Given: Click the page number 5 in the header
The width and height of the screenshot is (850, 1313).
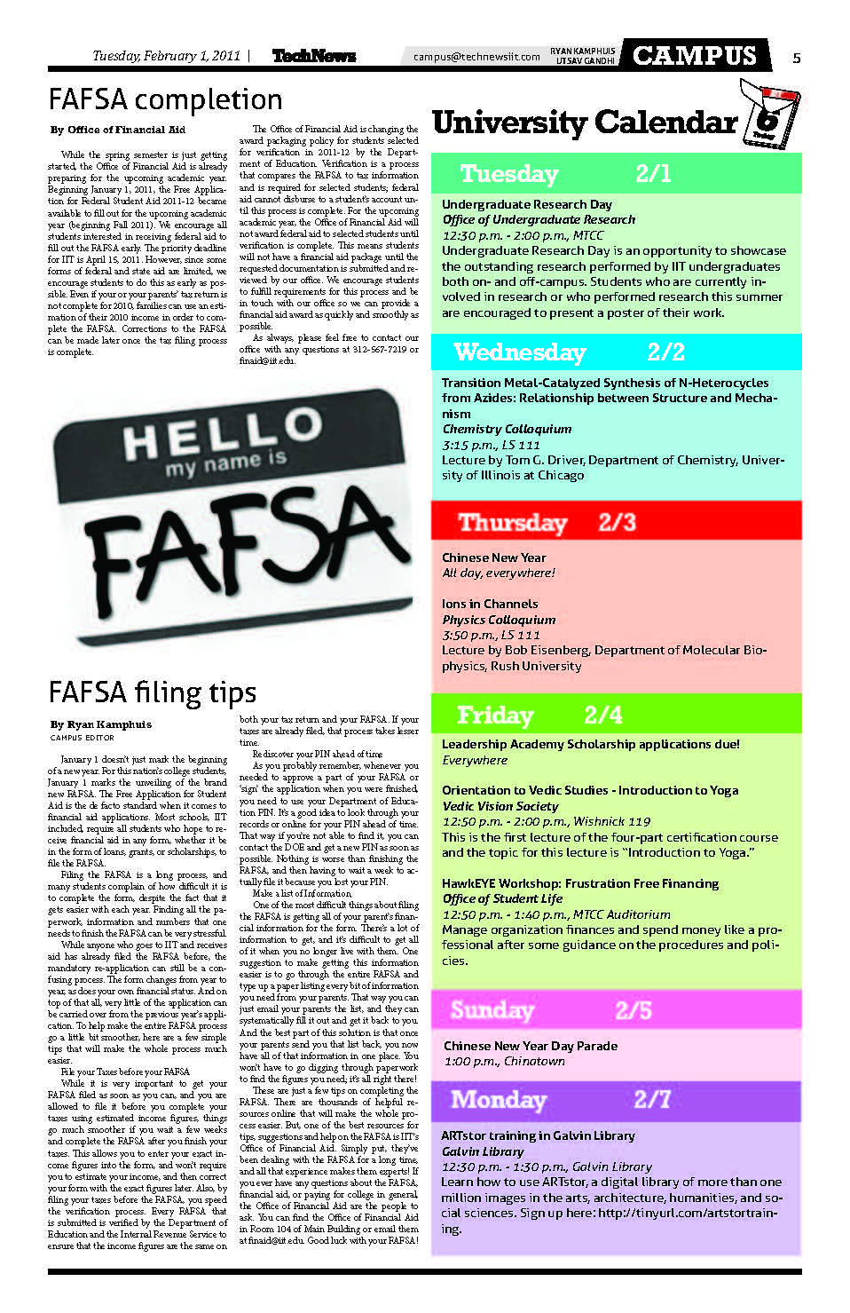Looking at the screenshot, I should click(x=796, y=57).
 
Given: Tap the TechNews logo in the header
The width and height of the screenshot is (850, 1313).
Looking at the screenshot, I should click(x=313, y=56).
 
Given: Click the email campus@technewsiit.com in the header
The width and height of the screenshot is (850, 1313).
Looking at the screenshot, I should click(x=476, y=57).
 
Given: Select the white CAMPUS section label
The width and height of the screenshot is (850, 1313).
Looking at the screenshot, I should click(x=695, y=55).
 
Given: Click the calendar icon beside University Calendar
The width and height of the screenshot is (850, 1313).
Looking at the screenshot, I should click(x=769, y=115).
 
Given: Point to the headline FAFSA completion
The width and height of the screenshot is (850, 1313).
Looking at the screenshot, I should click(x=165, y=99).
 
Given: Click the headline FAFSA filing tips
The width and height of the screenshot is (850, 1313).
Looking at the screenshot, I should click(x=152, y=692).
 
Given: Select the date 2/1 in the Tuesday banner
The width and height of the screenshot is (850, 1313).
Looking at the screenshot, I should click(x=653, y=173).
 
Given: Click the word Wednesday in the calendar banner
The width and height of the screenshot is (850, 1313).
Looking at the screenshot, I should click(x=519, y=352).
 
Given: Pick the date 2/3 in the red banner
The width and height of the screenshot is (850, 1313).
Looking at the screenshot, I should click(x=617, y=521).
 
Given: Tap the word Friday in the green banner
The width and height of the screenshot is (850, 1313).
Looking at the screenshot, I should click(x=495, y=715).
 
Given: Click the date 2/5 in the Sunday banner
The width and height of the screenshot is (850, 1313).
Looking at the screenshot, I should click(x=634, y=1009).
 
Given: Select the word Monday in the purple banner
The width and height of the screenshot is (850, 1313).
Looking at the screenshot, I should click(x=498, y=1099).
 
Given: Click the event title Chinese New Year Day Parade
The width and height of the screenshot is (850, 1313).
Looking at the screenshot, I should click(x=530, y=1046).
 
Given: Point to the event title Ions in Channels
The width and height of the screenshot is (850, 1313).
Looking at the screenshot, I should click(x=490, y=604).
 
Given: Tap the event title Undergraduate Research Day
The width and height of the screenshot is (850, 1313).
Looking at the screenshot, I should click(x=527, y=204).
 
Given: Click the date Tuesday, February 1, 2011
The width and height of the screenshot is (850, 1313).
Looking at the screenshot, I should click(x=166, y=56).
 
